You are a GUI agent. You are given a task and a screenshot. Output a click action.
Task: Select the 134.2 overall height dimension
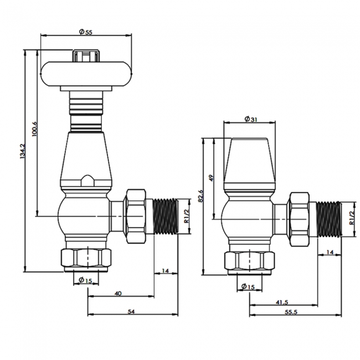pyautogui.click(x=22, y=152)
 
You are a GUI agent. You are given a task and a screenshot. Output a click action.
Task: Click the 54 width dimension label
pyautogui.click(x=131, y=312)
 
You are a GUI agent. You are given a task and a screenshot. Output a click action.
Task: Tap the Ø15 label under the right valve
pyautogui.click(x=249, y=286)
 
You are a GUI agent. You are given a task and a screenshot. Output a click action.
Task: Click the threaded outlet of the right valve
pyautogui.click(x=328, y=220)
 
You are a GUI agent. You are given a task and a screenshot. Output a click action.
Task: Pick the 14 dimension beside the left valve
pyautogui.click(x=164, y=271)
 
